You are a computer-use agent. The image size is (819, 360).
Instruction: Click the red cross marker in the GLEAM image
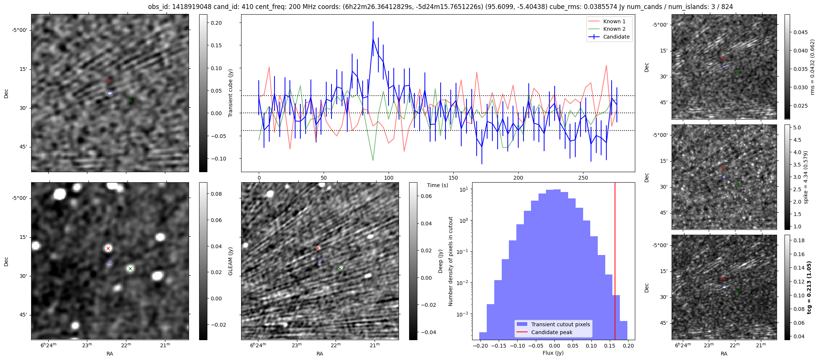coord(108,249)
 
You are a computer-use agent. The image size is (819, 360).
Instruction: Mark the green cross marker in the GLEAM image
coord(130,268)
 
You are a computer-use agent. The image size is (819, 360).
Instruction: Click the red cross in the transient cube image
coord(108,80)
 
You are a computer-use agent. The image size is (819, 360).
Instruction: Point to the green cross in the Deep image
coord(340,268)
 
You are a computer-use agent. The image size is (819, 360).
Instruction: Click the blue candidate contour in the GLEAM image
coord(110,261)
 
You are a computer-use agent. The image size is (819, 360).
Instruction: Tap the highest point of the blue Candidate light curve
coord(373,38)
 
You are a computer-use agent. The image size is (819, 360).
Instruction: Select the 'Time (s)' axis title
coord(438,185)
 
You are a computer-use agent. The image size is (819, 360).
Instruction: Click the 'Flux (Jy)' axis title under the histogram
coord(553,353)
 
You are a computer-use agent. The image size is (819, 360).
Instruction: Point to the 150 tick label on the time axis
coord(453,178)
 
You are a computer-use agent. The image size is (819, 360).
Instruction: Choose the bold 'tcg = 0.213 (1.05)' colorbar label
coord(809,287)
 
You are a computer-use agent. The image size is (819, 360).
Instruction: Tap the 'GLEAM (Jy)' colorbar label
coord(231,261)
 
